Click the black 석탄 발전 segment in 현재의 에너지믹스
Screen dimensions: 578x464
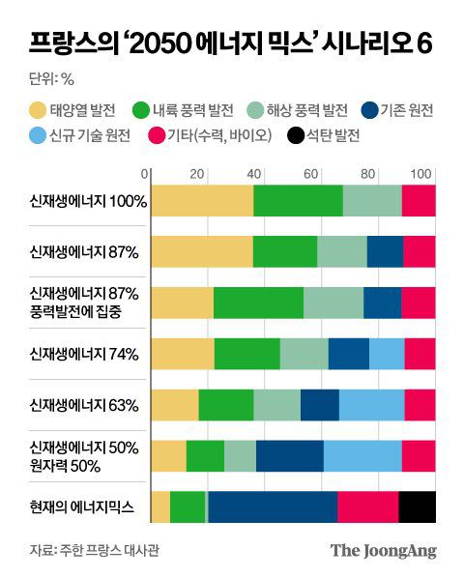tap(417, 506)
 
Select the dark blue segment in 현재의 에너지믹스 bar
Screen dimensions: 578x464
tap(273, 506)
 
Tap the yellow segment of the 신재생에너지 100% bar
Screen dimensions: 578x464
tap(202, 200)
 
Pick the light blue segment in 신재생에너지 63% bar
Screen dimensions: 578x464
tap(371, 404)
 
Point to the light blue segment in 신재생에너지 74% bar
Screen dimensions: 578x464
tap(387, 353)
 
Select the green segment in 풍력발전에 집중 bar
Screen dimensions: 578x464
tap(258, 302)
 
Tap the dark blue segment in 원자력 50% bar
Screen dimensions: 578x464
tap(289, 455)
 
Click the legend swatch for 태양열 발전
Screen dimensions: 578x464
tap(39, 110)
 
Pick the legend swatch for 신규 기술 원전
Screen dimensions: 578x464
tap(39, 136)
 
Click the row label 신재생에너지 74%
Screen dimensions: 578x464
tap(85, 353)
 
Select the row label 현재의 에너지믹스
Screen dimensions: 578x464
tap(85, 506)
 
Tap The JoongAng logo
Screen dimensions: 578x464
tap(384, 551)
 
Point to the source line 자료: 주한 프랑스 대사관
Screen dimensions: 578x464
tap(94, 551)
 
